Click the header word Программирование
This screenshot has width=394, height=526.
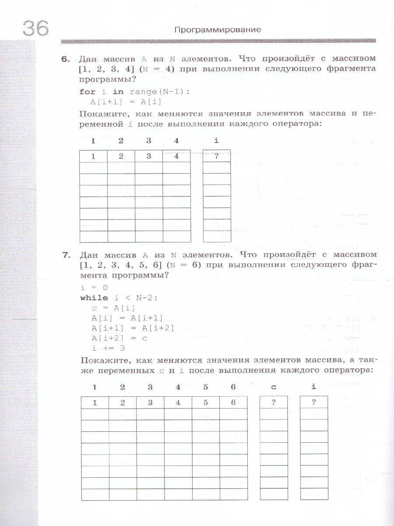click(x=217, y=30)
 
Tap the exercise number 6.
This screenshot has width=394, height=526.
click(x=66, y=59)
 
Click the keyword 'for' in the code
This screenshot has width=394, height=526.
click(x=87, y=92)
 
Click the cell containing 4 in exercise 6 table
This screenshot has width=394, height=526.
click(x=176, y=156)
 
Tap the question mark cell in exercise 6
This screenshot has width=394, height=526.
click(x=217, y=156)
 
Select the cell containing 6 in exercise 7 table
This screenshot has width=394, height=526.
click(x=233, y=403)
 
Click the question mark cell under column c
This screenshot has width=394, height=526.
click(x=274, y=403)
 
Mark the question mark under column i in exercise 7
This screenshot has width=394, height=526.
click(x=314, y=403)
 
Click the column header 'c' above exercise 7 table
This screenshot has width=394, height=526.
click(x=274, y=387)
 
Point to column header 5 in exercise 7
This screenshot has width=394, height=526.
click(x=205, y=387)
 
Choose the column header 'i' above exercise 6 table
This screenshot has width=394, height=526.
click(x=217, y=140)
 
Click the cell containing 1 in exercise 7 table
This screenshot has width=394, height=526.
click(x=95, y=403)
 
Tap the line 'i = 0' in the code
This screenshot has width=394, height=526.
click(x=94, y=288)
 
